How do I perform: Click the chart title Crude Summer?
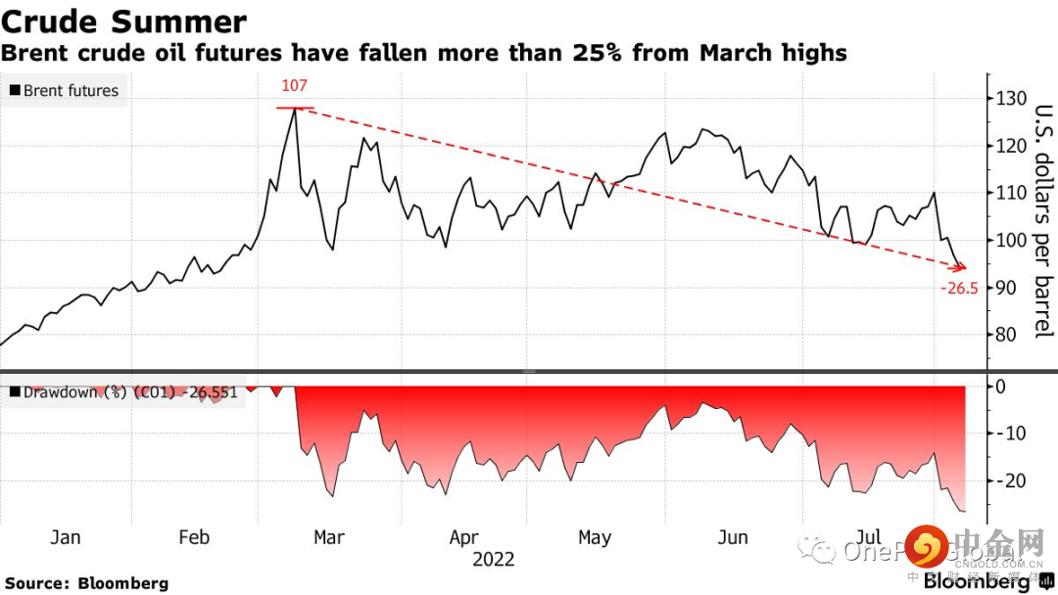click(123, 22)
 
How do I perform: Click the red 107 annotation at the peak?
click(294, 86)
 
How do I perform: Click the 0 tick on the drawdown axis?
click(1000, 386)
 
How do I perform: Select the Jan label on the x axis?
click(65, 537)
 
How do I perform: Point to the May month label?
click(595, 537)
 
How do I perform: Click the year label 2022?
click(493, 560)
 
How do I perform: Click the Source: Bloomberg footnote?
click(86, 583)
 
